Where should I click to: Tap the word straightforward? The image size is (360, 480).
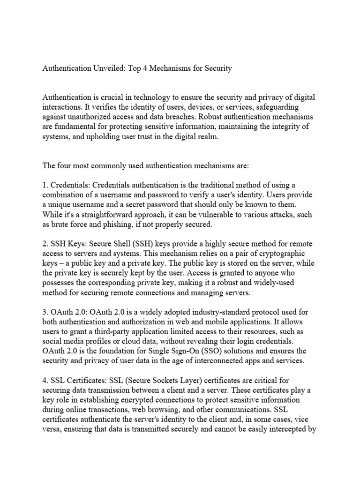point(116,214)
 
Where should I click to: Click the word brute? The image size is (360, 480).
point(60,224)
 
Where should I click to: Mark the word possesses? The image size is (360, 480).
point(60,284)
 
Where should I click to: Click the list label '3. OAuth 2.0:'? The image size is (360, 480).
point(65,312)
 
